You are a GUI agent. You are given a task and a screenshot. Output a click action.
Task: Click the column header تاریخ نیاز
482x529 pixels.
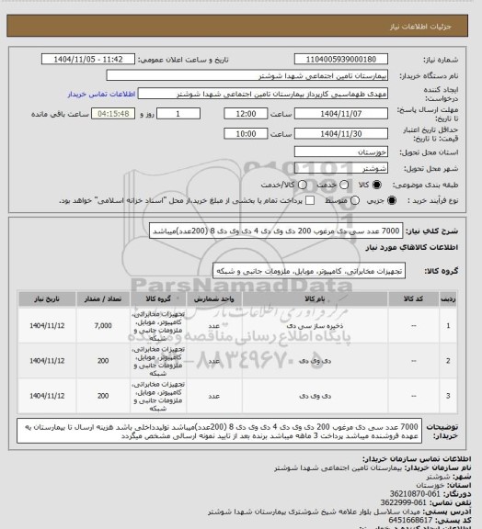pyautogui.click(x=47, y=299)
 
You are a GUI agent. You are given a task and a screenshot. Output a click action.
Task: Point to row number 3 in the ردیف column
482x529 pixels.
pyautogui.click(x=448, y=396)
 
